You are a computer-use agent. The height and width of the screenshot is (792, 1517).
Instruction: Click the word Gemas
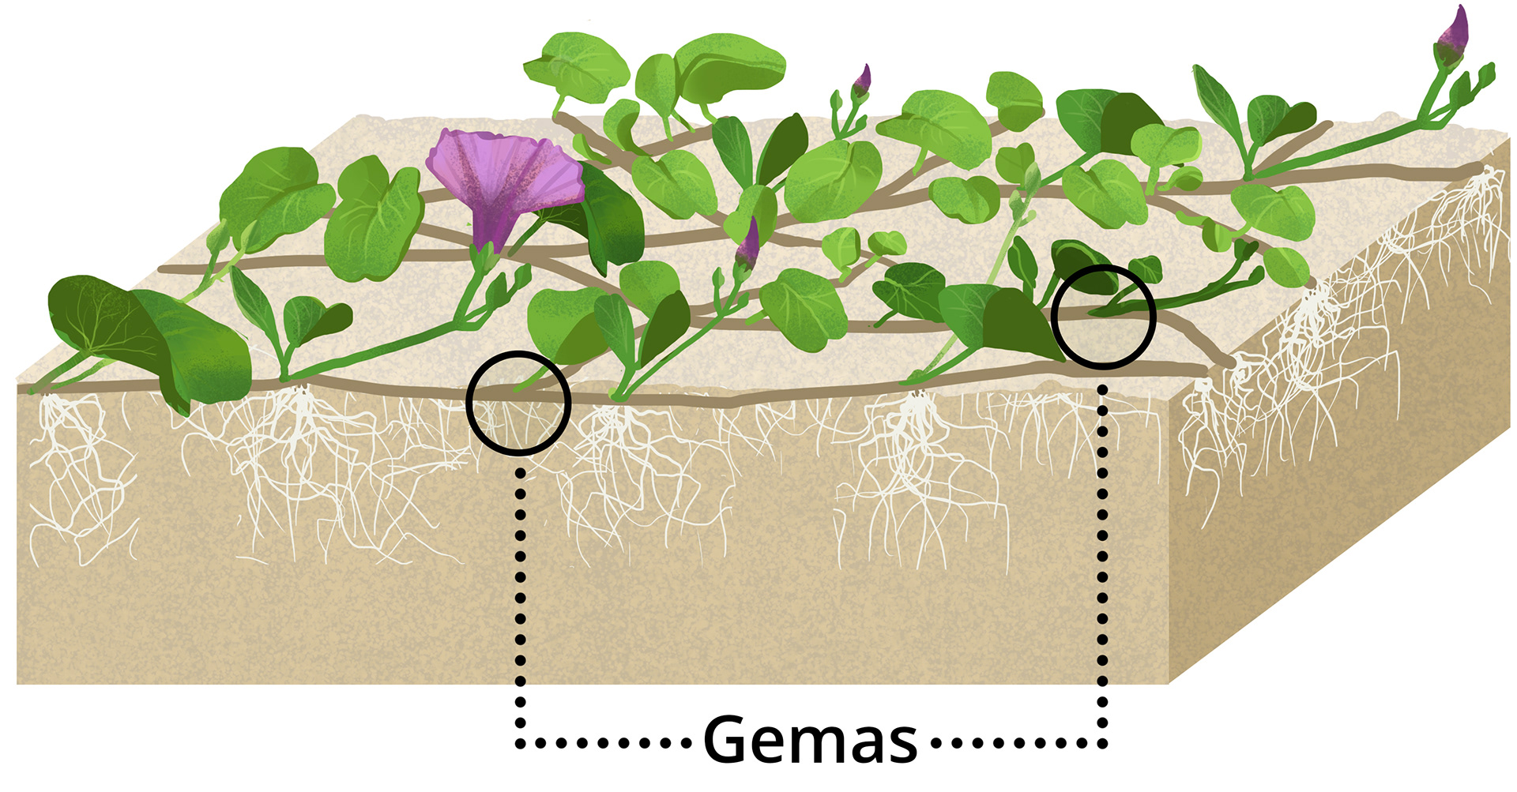pos(810,740)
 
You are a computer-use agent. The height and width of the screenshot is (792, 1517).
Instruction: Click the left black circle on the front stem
pos(518,403)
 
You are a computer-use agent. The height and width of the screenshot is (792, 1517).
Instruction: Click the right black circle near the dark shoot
pos(1104,316)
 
